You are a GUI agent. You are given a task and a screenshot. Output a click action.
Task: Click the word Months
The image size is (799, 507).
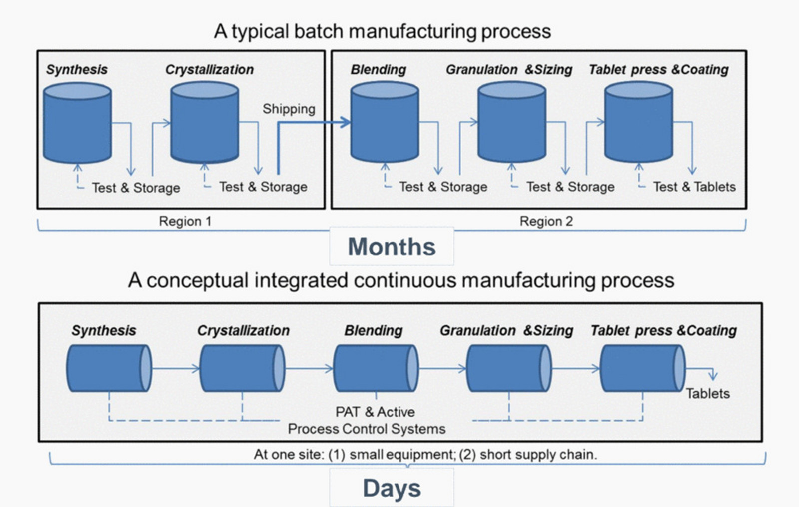(392, 247)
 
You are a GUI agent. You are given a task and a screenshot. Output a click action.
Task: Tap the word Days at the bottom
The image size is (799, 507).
(392, 488)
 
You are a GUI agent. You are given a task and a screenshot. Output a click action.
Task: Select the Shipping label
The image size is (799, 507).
(289, 109)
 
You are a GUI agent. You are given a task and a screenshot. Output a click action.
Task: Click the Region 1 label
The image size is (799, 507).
(185, 221)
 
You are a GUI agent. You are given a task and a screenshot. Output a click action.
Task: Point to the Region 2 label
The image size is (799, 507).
(546, 221)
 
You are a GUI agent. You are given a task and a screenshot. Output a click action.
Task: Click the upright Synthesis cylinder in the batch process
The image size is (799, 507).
(77, 123)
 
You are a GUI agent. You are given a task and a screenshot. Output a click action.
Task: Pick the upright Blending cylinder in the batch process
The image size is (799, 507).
(385, 122)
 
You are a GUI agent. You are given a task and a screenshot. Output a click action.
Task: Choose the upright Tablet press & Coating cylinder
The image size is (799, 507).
(639, 122)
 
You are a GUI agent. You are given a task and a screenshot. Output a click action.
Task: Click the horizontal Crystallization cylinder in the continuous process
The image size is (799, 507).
(242, 368)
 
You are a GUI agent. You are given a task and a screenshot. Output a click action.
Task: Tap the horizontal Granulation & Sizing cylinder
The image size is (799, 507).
(509, 368)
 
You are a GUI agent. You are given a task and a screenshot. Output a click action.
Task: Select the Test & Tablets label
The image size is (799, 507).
(694, 187)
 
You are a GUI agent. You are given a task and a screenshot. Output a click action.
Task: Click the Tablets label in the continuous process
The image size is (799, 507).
(708, 394)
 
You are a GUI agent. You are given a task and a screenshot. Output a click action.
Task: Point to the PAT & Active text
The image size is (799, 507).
(375, 412)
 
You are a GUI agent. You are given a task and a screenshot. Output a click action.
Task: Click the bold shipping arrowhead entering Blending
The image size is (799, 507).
(345, 122)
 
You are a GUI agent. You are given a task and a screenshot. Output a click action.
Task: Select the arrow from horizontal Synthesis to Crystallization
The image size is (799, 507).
(176, 368)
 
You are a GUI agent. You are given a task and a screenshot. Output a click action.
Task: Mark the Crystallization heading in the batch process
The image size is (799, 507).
(209, 70)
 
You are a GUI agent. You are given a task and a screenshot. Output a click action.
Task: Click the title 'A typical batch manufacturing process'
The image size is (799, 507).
(383, 31)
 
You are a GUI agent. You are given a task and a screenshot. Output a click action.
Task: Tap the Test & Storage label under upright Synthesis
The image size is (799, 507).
(136, 188)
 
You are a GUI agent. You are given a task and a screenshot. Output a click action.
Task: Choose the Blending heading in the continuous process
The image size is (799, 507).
(374, 331)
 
